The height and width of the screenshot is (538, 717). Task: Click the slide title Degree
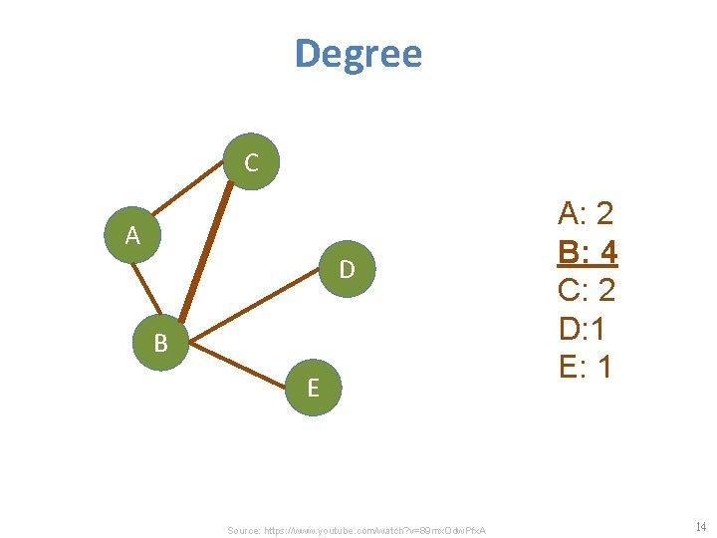click(x=358, y=53)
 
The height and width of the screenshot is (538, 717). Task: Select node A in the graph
click(x=133, y=237)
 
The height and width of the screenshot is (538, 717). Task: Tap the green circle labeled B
click(x=161, y=344)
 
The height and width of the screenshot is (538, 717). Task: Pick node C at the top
click(x=251, y=162)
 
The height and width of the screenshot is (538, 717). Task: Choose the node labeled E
click(x=313, y=388)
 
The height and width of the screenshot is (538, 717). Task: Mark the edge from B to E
click(x=239, y=366)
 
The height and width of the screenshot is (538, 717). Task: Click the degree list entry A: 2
click(x=587, y=212)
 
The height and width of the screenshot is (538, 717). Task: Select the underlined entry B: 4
click(x=588, y=251)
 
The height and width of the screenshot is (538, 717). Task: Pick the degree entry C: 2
click(x=588, y=290)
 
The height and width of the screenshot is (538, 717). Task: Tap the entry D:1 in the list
click(x=586, y=329)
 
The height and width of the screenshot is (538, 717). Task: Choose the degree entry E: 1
click(x=586, y=367)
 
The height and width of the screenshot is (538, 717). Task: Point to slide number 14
click(x=701, y=526)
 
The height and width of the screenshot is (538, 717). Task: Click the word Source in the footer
click(x=244, y=530)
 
